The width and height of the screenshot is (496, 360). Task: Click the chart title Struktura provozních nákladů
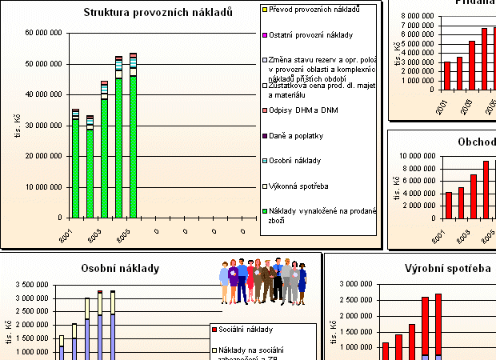click(158, 12)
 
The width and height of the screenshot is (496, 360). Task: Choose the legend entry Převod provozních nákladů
click(314, 10)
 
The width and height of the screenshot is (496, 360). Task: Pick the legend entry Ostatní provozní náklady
click(310, 35)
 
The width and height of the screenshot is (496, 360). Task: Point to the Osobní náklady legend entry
click(296, 160)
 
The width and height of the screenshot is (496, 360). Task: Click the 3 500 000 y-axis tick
click(31, 285)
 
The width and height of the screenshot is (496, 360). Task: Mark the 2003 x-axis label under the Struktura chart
click(94, 236)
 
